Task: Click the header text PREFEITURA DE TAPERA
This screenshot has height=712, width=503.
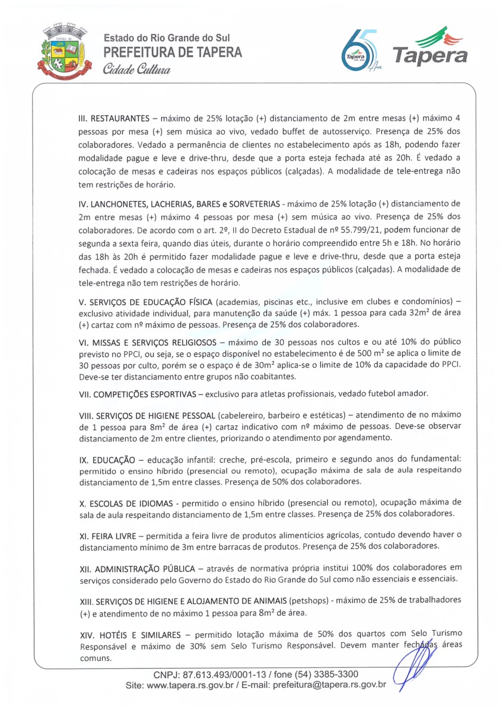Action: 173,52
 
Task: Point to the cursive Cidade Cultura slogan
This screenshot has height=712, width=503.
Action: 136,69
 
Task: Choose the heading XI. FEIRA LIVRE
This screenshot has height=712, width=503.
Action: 107,535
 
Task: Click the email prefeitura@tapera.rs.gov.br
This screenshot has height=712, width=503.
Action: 330,685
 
